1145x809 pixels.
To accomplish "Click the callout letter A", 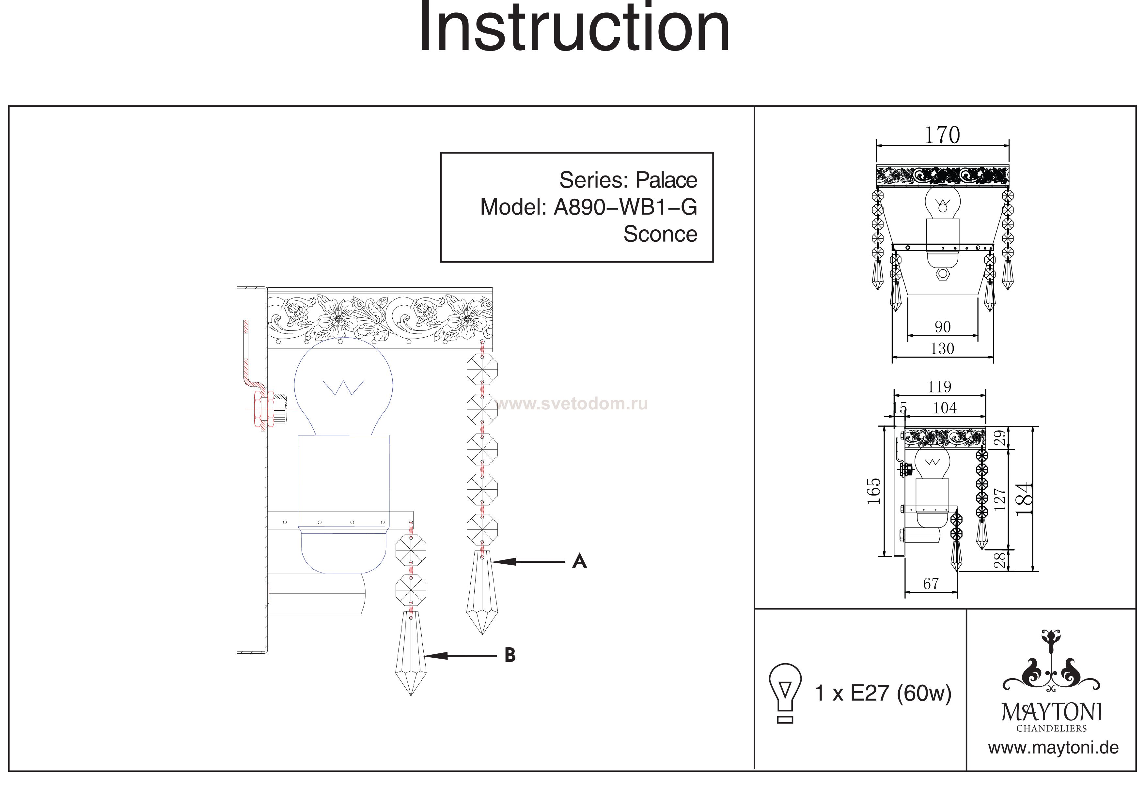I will point(579,562).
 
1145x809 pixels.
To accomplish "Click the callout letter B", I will point(510,655).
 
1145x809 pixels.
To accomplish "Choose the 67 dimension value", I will point(931,584).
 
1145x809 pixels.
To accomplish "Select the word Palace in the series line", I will point(666,180).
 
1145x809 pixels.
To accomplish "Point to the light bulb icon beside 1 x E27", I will point(785,692).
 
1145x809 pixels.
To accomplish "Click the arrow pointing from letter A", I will point(529,562).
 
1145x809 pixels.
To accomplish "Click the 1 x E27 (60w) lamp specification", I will point(883,693).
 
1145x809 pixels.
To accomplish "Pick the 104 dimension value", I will point(945,408).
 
